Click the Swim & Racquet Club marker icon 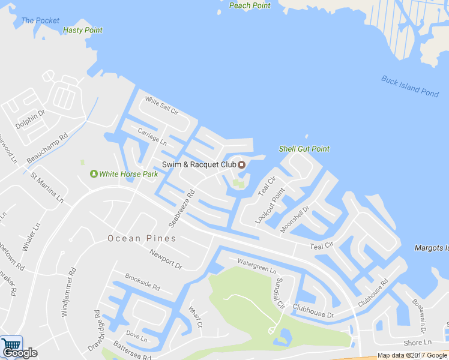coord(242,165)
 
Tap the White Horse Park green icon coord(94,174)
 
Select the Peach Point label coord(250,5)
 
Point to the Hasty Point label coord(83,30)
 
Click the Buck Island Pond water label coord(410,86)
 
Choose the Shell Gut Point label coord(304,149)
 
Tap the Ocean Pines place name coord(142,238)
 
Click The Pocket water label coord(40,20)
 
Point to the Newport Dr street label coord(166,259)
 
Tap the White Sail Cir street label coord(161,107)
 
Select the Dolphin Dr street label coord(30,119)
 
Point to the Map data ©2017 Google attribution coord(411,355)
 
